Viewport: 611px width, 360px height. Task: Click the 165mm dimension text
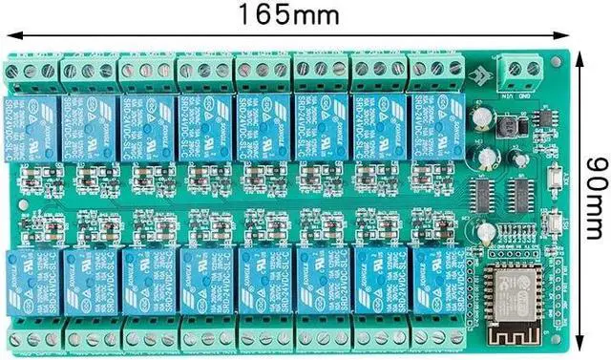[288, 15]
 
